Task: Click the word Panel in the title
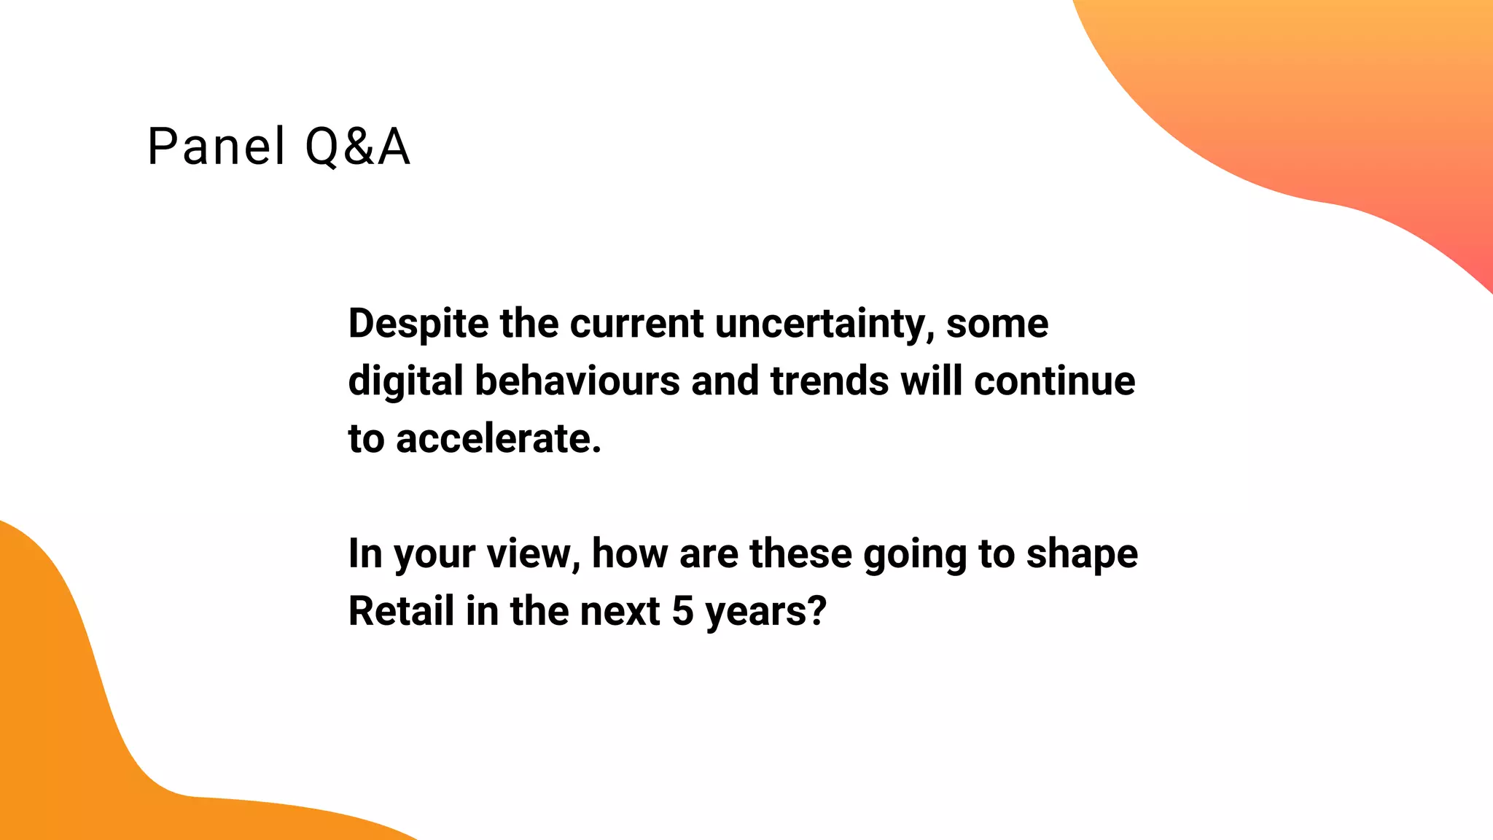pyautogui.click(x=216, y=147)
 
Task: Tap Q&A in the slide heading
pyautogui.click(x=357, y=147)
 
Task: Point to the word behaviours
pyautogui.click(x=577, y=381)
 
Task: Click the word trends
pyautogui.click(x=829, y=381)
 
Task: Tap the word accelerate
pyautogui.click(x=499, y=439)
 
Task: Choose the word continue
pyautogui.click(x=1054, y=381)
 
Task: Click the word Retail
pyautogui.click(x=401, y=611)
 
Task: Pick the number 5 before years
pyautogui.click(x=682, y=611)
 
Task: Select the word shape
pyautogui.click(x=1082, y=554)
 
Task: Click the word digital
pyautogui.click(x=405, y=381)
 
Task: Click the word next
pyautogui.click(x=620, y=611)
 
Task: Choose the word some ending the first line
pyautogui.click(x=997, y=324)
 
